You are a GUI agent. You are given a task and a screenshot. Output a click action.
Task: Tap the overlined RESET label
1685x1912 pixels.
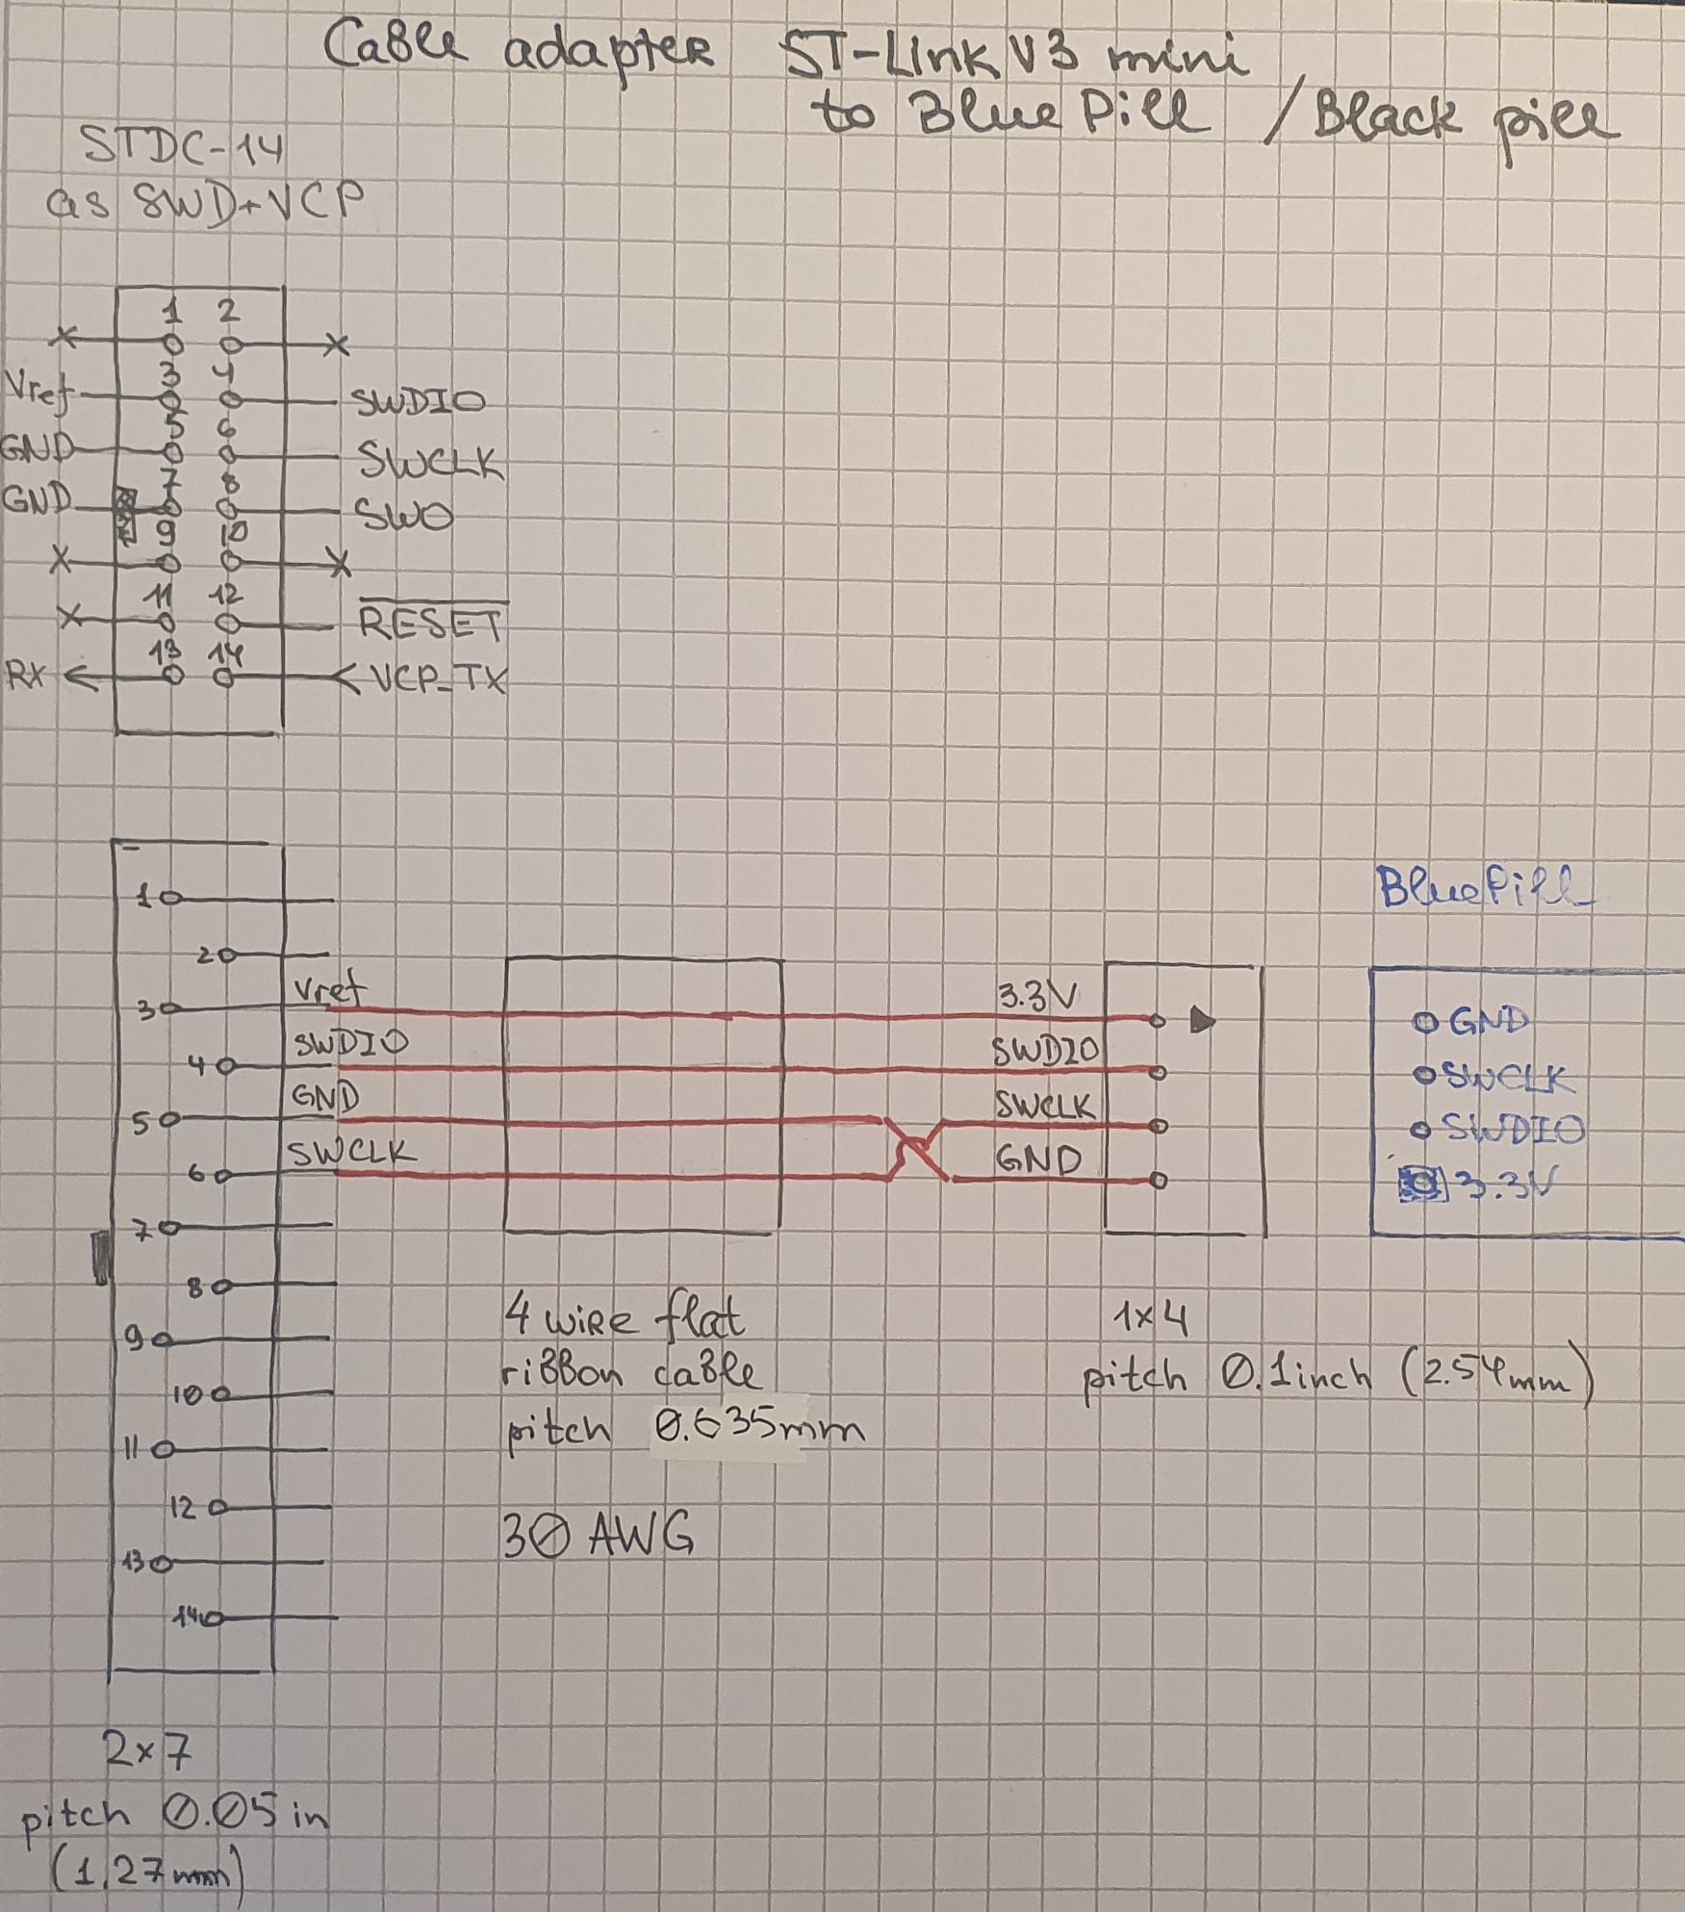[x=430, y=625]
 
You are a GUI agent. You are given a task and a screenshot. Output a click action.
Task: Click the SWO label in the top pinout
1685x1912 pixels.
[x=405, y=517]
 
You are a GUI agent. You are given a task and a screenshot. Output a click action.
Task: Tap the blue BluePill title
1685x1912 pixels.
[x=1484, y=887]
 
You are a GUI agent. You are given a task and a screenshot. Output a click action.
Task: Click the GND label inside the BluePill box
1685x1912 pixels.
[x=1488, y=1020]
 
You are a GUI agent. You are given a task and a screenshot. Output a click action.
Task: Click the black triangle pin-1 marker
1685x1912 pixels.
[x=1202, y=1020]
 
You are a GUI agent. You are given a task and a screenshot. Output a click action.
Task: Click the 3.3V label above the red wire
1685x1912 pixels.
[x=1037, y=997]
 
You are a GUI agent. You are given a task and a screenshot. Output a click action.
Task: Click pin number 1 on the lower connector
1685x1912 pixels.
[x=145, y=898]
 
